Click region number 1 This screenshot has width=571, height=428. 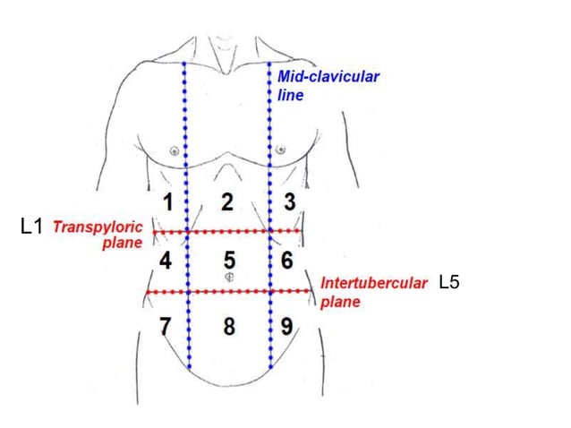coord(166,201)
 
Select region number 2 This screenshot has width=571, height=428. coord(228,202)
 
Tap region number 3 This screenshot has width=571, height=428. coord(288,201)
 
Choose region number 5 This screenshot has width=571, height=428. coord(230,261)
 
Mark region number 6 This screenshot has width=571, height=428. coord(287,261)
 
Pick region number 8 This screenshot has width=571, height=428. coord(229,326)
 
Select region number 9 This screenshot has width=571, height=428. coord(287,326)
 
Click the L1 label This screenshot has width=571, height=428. coord(31,227)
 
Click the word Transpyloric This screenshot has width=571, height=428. coord(98,227)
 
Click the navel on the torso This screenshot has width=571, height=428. coord(230,278)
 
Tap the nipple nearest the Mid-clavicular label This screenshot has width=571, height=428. coord(281,150)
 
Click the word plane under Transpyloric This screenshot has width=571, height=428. coord(122,244)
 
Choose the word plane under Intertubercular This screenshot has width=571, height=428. coord(340,302)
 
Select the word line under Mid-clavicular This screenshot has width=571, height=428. coord(291,94)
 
